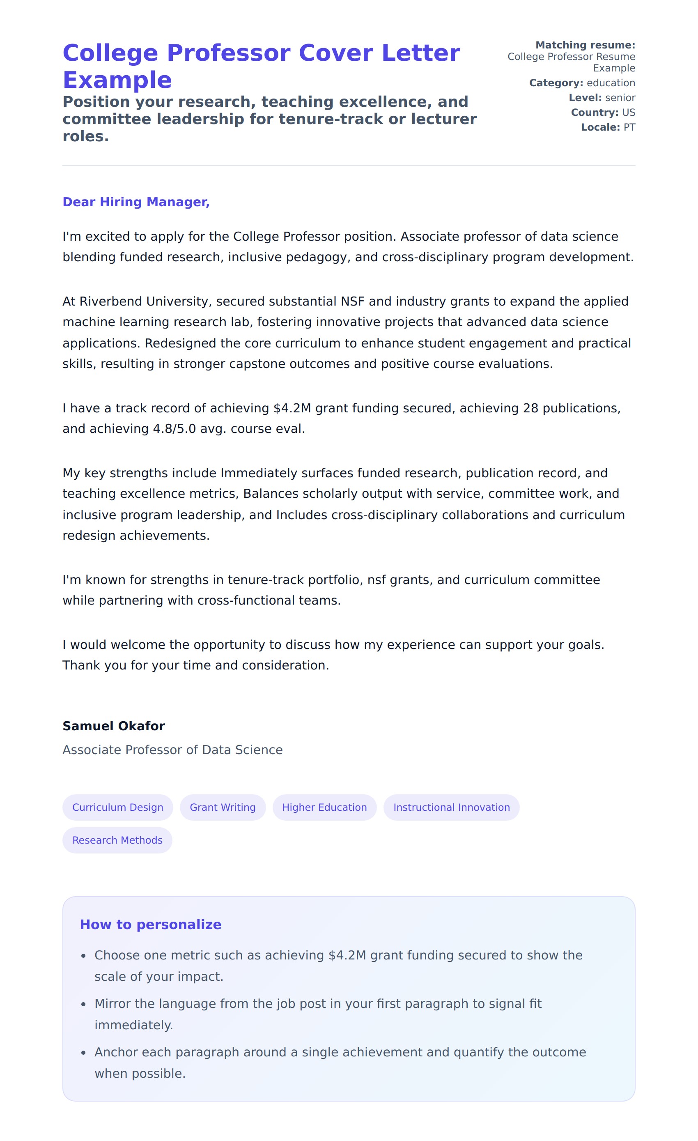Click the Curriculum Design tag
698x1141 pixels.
117,807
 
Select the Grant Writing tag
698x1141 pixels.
223,807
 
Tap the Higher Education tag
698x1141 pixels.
324,807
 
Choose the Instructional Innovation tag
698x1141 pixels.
451,807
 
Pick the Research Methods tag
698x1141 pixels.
117,840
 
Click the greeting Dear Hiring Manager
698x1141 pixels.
136,202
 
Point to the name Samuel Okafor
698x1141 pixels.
113,726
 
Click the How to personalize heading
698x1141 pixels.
150,924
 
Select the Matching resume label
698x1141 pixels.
585,45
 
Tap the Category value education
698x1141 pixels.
611,83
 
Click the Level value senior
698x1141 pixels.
620,98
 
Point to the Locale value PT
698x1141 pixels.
629,127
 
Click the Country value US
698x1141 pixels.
629,113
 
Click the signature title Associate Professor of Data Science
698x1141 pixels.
172,750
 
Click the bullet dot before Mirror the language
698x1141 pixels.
83,1004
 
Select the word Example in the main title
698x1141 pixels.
117,80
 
